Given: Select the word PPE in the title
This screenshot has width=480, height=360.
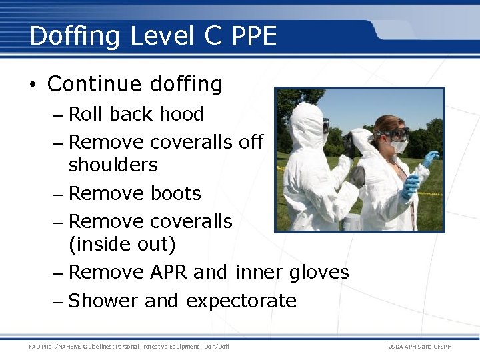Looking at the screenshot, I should pyautogui.click(x=254, y=36).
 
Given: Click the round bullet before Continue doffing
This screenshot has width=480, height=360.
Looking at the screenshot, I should pyautogui.click(x=33, y=85).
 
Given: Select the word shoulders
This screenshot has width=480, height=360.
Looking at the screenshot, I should pyautogui.click(x=113, y=165).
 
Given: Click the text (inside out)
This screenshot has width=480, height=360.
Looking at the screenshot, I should pyautogui.click(x=122, y=245).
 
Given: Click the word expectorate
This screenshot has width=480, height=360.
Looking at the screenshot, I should pyautogui.click(x=241, y=301).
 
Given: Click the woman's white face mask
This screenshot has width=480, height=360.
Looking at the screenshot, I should pyautogui.click(x=399, y=146).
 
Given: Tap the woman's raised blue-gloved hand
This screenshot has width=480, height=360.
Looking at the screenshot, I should pyautogui.click(x=430, y=159).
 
